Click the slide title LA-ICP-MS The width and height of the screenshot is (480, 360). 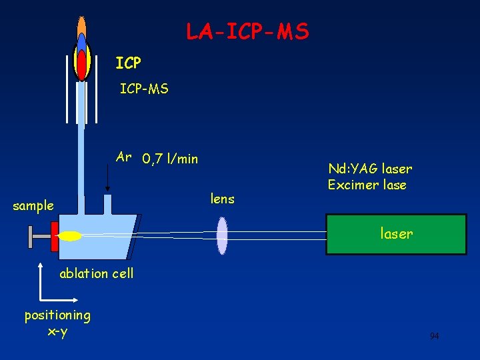click(x=247, y=31)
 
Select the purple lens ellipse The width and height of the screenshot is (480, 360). click(x=222, y=235)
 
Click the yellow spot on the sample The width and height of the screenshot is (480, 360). click(x=71, y=236)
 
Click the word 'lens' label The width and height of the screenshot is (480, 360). click(x=222, y=198)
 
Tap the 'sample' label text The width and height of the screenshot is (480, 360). click(x=33, y=206)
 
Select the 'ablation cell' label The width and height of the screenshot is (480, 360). click(x=97, y=273)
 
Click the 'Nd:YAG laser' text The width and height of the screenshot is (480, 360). click(x=370, y=169)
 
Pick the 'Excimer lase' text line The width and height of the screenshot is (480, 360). click(x=367, y=185)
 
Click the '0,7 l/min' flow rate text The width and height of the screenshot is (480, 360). click(x=170, y=159)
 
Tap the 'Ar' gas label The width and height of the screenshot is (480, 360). click(x=123, y=157)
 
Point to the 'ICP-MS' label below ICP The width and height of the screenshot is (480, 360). click(x=144, y=88)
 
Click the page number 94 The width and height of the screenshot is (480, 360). click(x=434, y=336)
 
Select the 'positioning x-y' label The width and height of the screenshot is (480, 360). click(x=57, y=323)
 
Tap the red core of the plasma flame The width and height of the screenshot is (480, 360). click(x=82, y=64)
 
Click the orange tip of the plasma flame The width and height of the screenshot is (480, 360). click(x=82, y=27)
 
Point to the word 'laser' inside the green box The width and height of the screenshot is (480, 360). click(x=396, y=234)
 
